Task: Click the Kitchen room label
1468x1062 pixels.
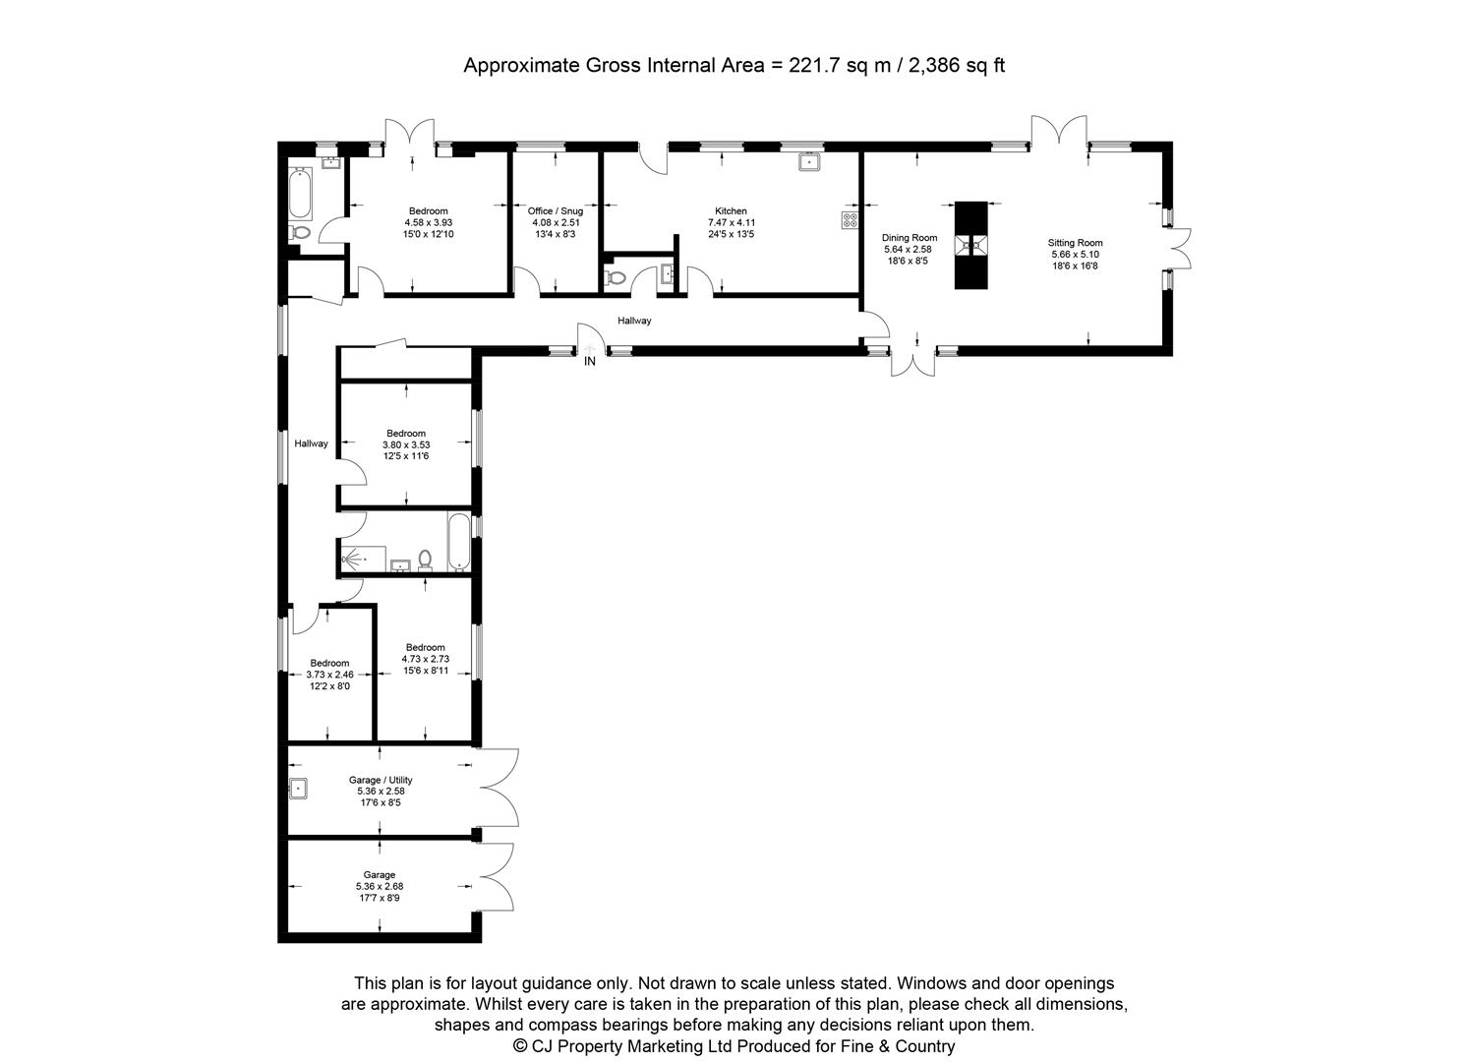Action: (x=731, y=211)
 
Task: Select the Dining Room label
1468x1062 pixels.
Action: (x=910, y=238)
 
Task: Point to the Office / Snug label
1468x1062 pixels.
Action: (x=556, y=211)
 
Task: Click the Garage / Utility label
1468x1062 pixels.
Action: (x=380, y=780)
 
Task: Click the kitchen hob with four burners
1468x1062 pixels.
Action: (x=850, y=220)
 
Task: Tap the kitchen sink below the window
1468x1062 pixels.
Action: (x=809, y=162)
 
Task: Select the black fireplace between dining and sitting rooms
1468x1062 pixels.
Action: (x=970, y=245)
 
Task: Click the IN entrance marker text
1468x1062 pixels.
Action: (x=590, y=362)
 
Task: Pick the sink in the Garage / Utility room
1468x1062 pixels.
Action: (x=298, y=788)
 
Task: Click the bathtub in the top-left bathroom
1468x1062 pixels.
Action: (x=301, y=193)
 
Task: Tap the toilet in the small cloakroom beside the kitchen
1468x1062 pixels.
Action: (x=616, y=277)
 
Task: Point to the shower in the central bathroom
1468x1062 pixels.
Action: (x=355, y=559)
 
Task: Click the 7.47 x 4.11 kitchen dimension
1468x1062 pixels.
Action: (x=731, y=223)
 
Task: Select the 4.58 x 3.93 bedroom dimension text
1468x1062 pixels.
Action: (x=429, y=223)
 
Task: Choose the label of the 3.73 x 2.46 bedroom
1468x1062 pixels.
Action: (x=329, y=663)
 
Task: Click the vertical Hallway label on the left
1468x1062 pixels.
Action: (x=312, y=443)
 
